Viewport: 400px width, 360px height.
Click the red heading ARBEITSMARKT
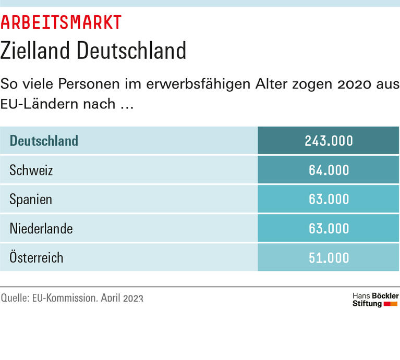61,22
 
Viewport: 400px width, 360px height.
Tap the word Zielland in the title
34,51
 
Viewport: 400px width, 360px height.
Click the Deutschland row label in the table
44,141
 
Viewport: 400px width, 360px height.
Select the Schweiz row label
31,170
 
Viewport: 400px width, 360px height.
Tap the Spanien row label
31,199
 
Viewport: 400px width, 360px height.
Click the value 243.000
329,141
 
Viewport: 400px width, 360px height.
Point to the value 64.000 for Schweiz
329,170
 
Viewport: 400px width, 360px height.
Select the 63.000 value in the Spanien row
329,199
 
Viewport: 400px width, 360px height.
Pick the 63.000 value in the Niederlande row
329,228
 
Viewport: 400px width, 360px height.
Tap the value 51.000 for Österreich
329,257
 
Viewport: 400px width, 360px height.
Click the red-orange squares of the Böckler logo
391,304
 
